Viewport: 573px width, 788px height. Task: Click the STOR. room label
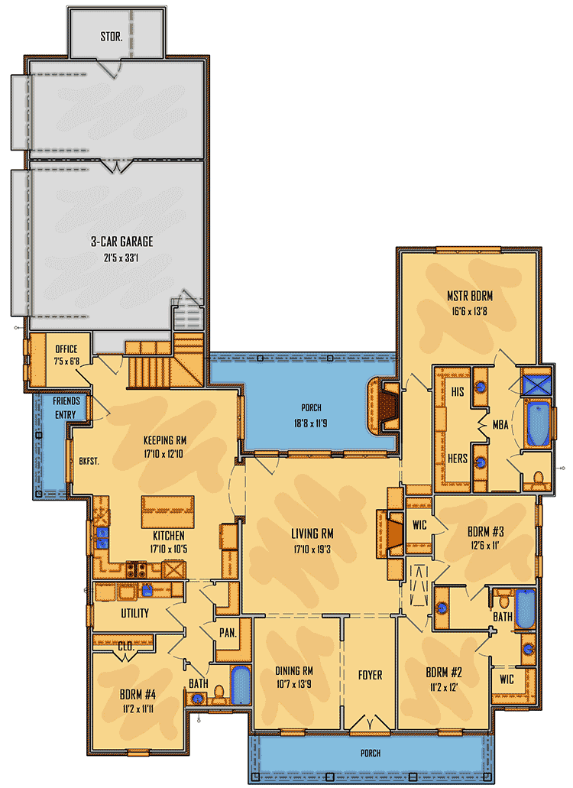point(111,36)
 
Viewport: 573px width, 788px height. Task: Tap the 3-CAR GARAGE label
point(121,242)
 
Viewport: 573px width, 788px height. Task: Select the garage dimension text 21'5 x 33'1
point(121,258)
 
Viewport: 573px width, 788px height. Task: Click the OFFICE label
point(66,349)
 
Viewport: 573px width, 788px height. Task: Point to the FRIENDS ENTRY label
point(66,407)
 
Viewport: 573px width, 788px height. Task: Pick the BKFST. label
point(89,461)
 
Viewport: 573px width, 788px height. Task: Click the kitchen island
point(168,511)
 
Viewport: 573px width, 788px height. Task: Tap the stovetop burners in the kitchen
point(136,569)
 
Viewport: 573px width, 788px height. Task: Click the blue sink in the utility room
point(147,590)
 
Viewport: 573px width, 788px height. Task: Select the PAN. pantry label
point(228,633)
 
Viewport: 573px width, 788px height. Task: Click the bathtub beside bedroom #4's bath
point(241,685)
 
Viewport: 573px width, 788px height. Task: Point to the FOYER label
point(370,675)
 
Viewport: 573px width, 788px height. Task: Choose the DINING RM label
point(294,671)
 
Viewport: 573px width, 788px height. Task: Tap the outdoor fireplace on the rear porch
point(383,406)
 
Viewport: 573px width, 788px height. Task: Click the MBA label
point(500,425)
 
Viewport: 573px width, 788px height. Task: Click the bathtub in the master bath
point(538,423)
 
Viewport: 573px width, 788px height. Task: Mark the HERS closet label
point(458,459)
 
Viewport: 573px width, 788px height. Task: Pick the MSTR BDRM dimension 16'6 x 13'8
point(470,312)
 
